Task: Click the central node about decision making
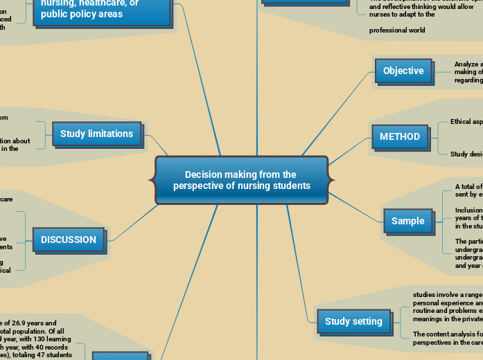(x=241, y=180)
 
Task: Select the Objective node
(x=403, y=71)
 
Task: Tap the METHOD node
(x=400, y=136)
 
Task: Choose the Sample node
(x=407, y=221)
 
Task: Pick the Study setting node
(x=353, y=321)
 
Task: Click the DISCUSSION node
(x=69, y=240)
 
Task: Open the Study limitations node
(x=96, y=134)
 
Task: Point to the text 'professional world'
(x=397, y=30)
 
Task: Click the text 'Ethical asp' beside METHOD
(x=466, y=122)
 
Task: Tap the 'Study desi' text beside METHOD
(x=466, y=154)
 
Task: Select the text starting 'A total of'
(x=468, y=187)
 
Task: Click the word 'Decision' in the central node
(x=204, y=174)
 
